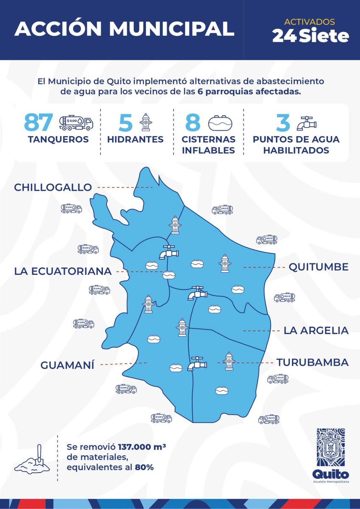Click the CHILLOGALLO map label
coord(53,187)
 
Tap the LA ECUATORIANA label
coord(63,271)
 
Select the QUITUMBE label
coord(318,267)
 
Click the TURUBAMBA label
coord(313,363)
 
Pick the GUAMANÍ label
coord(67,365)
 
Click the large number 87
coord(39,122)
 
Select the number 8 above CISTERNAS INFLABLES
coord(193,123)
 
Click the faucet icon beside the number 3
coord(306,123)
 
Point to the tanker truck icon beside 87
coord(76,123)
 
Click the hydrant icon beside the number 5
coord(146,122)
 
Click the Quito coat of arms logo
coord(330,448)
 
